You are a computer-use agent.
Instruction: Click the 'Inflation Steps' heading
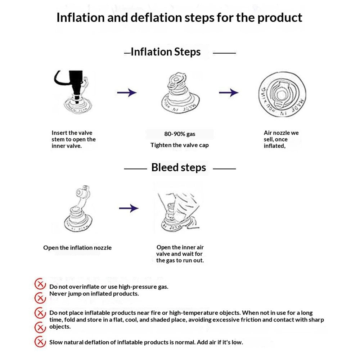(x=166, y=52)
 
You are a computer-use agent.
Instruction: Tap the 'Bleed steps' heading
(x=179, y=167)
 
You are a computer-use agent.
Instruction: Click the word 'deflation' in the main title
(x=156, y=17)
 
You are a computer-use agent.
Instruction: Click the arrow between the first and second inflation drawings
(x=127, y=93)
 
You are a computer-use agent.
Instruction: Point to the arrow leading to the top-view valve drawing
(x=229, y=93)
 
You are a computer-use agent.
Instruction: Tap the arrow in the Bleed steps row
(x=129, y=208)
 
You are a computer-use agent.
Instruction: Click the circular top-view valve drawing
(x=282, y=94)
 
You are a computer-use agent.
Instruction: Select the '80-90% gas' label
(x=180, y=134)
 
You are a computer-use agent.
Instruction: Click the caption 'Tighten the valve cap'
(x=180, y=145)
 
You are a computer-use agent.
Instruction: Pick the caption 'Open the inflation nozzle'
(x=77, y=248)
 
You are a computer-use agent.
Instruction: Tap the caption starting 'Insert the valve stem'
(x=73, y=139)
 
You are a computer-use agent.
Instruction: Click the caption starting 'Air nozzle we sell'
(x=281, y=139)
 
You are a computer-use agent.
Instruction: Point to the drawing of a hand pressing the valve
(x=179, y=211)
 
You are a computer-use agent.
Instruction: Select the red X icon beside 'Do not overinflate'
(x=40, y=284)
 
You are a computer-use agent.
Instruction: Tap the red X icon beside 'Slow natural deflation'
(x=40, y=342)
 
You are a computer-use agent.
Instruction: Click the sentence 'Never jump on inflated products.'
(x=94, y=294)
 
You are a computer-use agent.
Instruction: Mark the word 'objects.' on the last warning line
(x=60, y=327)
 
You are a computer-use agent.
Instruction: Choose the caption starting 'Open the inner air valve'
(x=180, y=254)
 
